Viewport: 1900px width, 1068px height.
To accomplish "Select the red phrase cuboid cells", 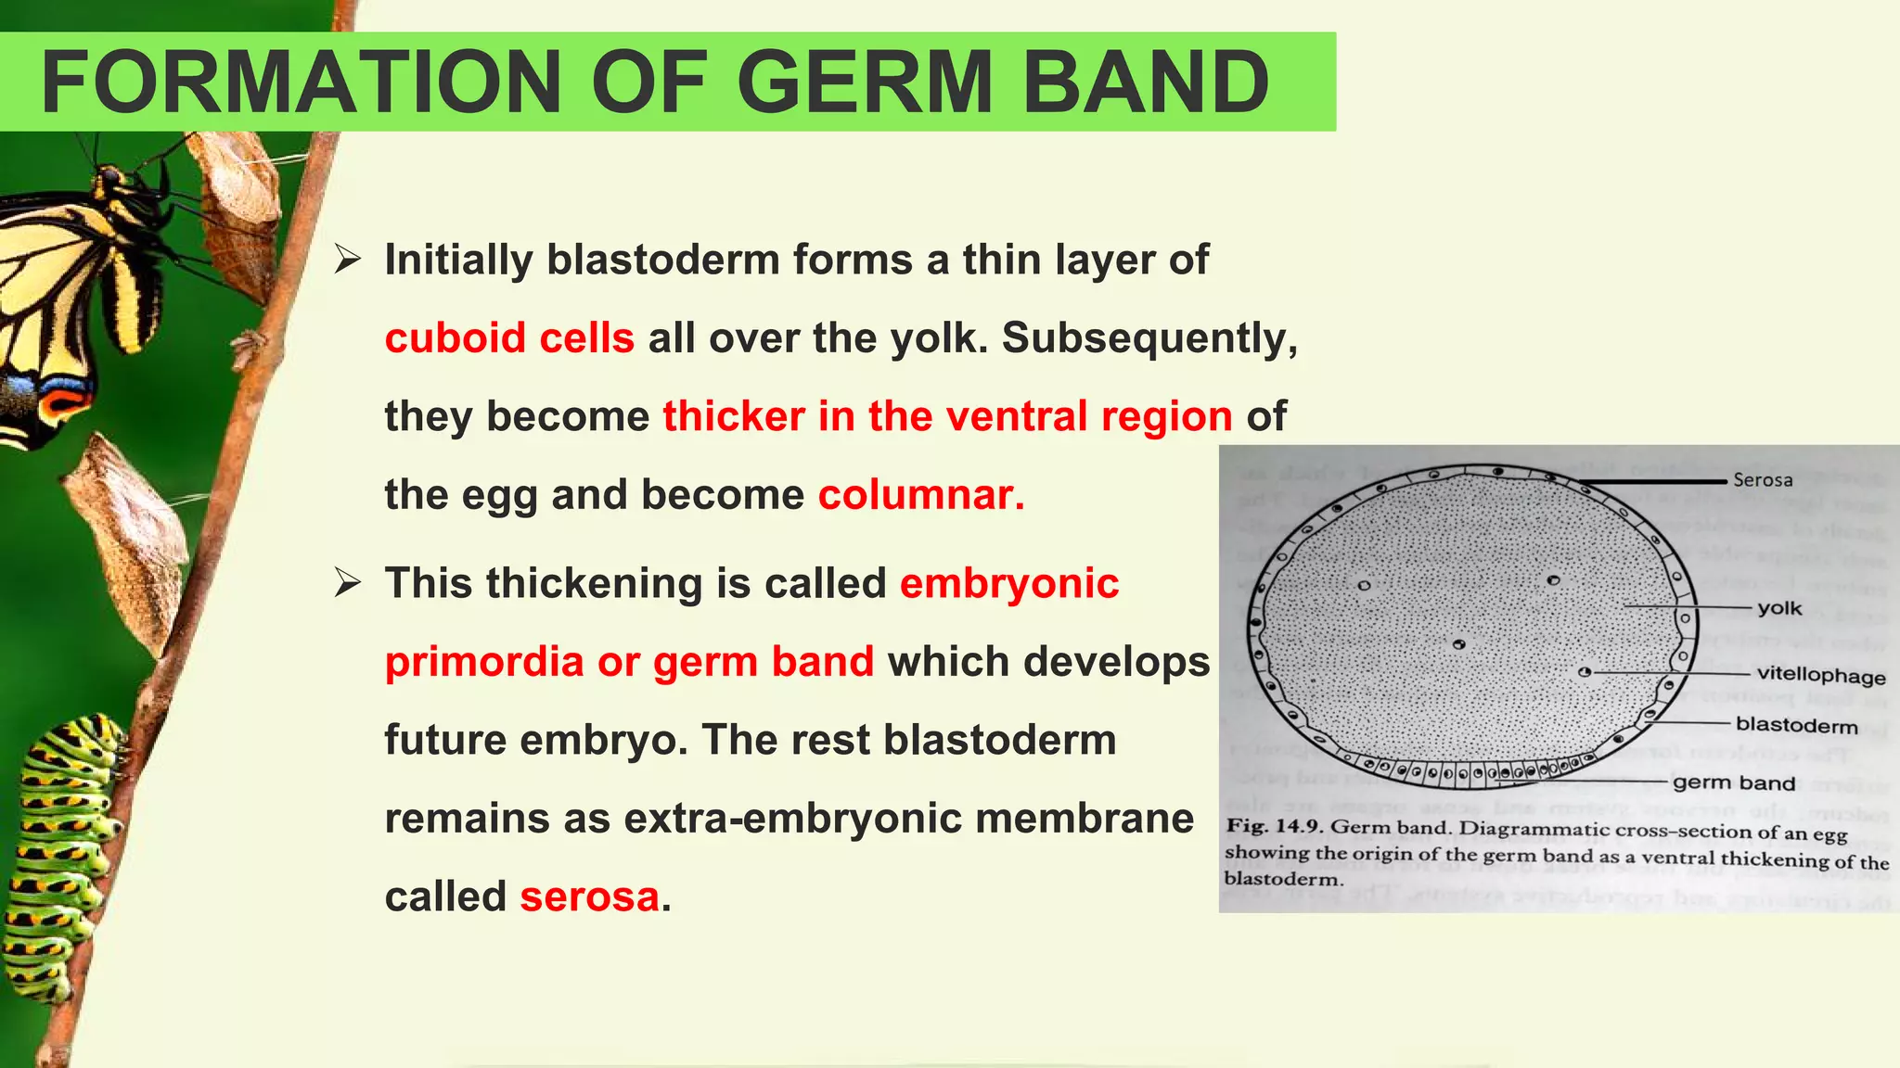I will (509, 338).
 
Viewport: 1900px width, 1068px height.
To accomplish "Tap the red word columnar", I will (920, 495).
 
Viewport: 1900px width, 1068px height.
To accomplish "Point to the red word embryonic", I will (1009, 584).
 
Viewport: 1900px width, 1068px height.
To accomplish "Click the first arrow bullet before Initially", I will (348, 260).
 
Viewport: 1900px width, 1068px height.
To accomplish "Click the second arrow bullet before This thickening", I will (348, 584).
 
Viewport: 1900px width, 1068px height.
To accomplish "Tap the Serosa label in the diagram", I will (1762, 480).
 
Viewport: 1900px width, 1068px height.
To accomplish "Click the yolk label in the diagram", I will (1778, 609).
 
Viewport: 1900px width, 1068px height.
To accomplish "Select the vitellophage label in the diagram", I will (1820, 675).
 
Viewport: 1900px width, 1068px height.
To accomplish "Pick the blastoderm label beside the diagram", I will (1796, 726).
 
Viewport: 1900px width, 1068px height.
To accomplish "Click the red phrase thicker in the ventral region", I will (947, 416).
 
